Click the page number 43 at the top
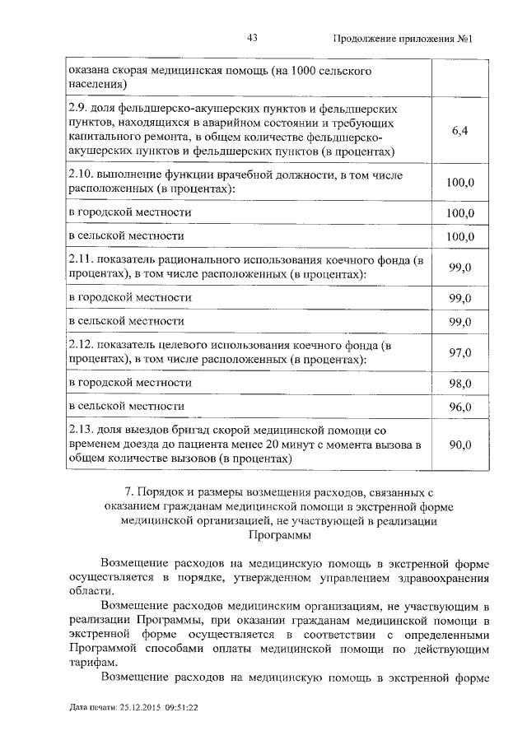click(x=253, y=39)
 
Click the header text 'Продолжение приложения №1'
click(x=406, y=39)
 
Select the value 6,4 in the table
click(x=460, y=130)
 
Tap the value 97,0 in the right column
click(x=460, y=352)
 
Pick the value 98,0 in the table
click(x=460, y=384)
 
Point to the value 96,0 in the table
click(x=460, y=407)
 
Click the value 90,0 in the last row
click(x=460, y=445)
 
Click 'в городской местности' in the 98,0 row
click(x=130, y=383)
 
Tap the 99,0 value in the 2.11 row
click(x=460, y=268)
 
